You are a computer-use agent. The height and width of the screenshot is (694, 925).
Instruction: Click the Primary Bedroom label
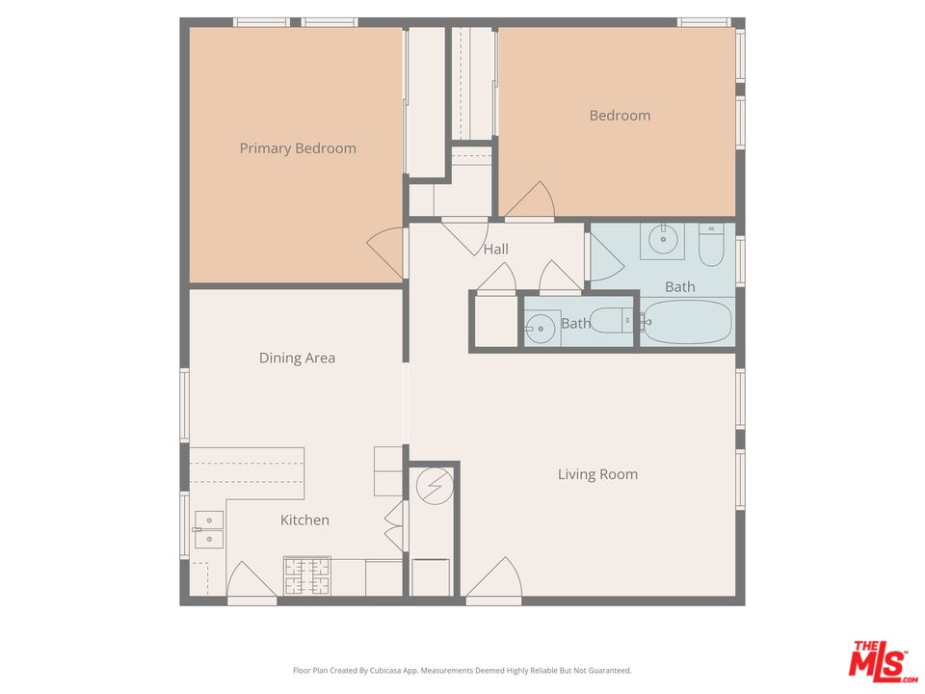click(298, 148)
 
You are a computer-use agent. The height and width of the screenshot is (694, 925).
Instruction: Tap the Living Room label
click(597, 474)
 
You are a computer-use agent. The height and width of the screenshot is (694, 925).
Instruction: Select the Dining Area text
click(297, 358)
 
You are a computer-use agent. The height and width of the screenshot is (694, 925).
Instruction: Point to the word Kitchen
click(304, 520)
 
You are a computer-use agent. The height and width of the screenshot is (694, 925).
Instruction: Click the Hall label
click(495, 249)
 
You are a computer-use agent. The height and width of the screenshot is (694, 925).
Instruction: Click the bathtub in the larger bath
click(687, 322)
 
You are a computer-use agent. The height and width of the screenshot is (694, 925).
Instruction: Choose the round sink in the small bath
click(540, 329)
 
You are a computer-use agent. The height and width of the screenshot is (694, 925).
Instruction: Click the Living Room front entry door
click(494, 581)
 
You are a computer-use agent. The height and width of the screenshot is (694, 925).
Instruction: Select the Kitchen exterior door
click(251, 584)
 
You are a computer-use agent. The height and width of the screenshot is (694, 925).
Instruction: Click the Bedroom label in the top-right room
click(620, 116)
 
